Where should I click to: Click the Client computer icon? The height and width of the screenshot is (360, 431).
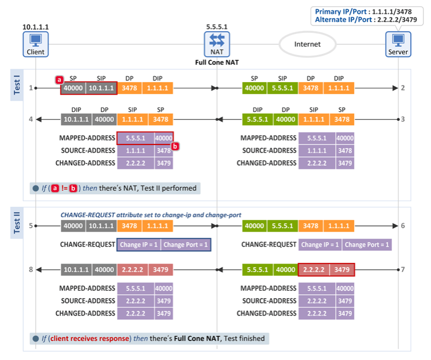click(35, 42)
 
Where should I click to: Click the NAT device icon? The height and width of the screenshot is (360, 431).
click(217, 42)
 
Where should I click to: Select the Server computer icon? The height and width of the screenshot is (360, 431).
click(398, 42)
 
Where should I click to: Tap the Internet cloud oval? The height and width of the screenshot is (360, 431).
click(307, 44)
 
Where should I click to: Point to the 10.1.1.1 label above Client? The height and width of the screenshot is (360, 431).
click(35, 27)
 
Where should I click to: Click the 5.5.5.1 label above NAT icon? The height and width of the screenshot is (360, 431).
click(217, 27)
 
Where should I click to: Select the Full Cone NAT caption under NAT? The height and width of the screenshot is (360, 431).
click(217, 62)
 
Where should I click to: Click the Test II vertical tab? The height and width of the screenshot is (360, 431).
click(16, 222)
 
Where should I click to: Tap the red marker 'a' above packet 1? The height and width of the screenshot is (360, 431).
click(58, 79)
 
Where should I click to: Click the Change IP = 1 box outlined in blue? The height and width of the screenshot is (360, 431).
click(139, 244)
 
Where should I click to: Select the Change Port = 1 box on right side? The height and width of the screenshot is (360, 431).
click(367, 244)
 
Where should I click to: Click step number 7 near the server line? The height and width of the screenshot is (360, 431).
click(403, 270)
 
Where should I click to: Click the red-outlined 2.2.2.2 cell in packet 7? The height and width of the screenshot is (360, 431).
click(313, 270)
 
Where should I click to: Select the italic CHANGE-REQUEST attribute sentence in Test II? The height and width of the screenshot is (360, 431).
click(151, 215)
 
